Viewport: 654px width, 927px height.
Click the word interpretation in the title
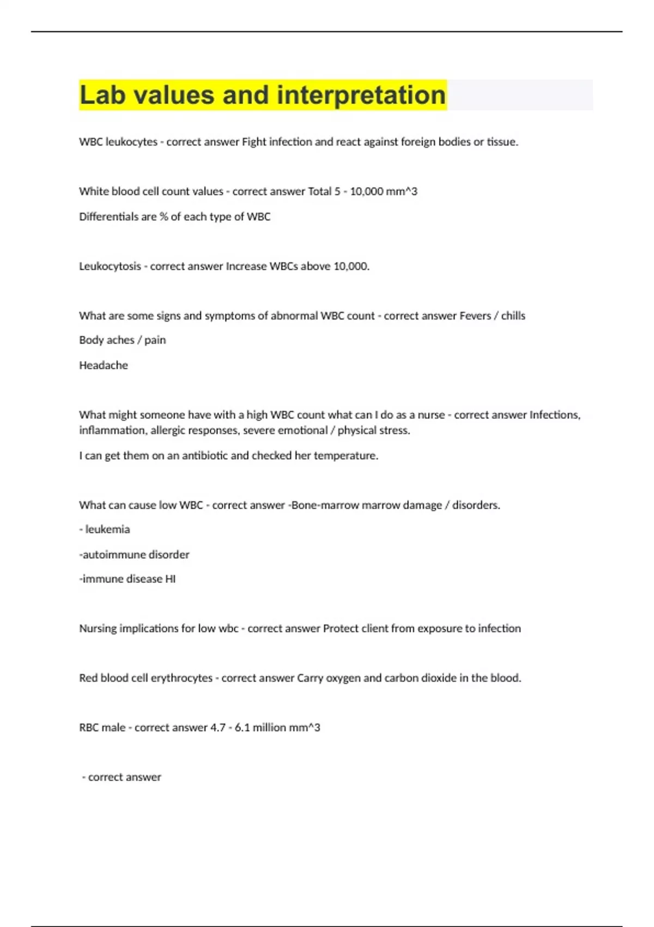(361, 95)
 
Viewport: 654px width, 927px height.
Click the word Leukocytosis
(110, 266)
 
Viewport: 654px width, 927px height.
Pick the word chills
(513, 316)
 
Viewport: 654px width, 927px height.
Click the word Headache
(103, 365)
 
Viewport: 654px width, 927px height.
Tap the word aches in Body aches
(121, 340)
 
